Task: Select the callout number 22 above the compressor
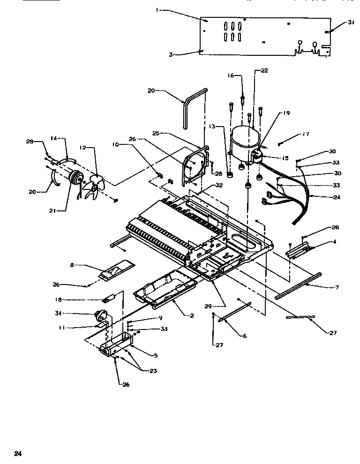point(264,70)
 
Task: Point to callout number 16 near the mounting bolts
point(231,75)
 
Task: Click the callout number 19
point(286,113)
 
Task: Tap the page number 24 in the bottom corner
point(17,453)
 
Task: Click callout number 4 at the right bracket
point(335,242)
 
